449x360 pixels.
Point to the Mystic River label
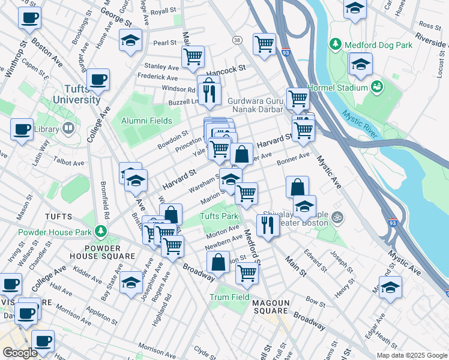[360, 122]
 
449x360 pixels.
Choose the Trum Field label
[229, 297]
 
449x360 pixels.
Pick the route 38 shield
[237, 40]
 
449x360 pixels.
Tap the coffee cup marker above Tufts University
[98, 79]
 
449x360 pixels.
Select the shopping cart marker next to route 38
[264, 44]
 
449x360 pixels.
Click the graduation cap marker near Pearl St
[130, 40]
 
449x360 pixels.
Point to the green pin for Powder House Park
[101, 231]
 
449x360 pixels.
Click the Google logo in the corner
[20, 353]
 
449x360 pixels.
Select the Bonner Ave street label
[293, 159]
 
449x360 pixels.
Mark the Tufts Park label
[219, 216]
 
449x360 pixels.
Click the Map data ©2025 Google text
[411, 355]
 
